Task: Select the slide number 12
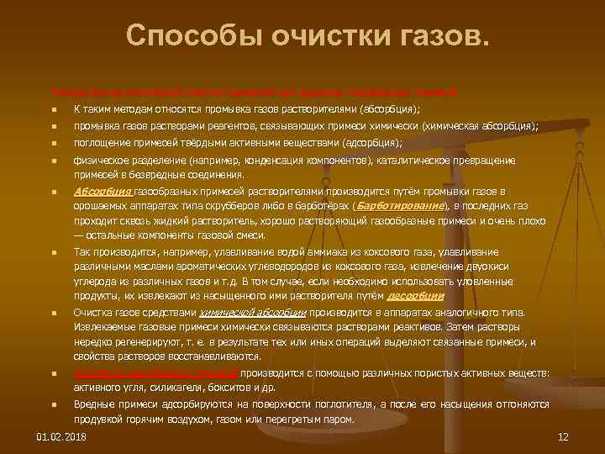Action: tap(563, 437)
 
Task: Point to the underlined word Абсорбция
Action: tap(97, 193)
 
